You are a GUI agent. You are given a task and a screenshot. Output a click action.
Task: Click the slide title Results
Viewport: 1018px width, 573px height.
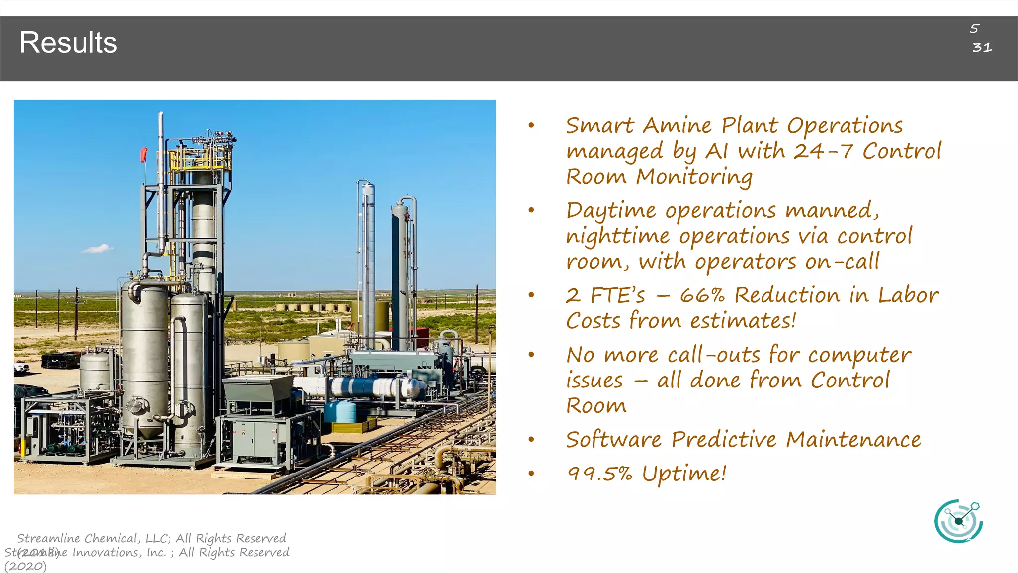[68, 43]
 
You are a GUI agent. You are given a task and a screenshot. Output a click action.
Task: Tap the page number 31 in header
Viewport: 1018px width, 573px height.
[982, 48]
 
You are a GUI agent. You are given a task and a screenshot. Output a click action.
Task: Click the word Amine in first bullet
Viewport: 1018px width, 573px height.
[677, 125]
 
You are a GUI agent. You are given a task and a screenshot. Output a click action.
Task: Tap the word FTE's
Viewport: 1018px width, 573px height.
[618, 295]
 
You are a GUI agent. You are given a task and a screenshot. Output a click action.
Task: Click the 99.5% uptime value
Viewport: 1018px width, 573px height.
[599, 474]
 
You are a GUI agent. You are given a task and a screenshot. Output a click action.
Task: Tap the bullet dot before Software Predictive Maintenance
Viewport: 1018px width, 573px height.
[531, 440]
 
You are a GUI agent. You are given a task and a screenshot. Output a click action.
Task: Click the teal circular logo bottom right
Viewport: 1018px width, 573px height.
[958, 521]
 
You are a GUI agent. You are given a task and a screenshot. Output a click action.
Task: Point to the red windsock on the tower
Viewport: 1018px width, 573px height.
[144, 155]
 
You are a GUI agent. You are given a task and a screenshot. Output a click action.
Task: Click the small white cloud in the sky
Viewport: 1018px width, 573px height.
[97, 249]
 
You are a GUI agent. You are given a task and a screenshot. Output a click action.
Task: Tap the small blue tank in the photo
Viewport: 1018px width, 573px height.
[340, 411]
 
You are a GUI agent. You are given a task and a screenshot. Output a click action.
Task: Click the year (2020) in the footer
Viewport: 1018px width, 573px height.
[25, 566]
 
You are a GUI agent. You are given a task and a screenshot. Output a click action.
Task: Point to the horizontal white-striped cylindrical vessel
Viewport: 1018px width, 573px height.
[368, 387]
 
